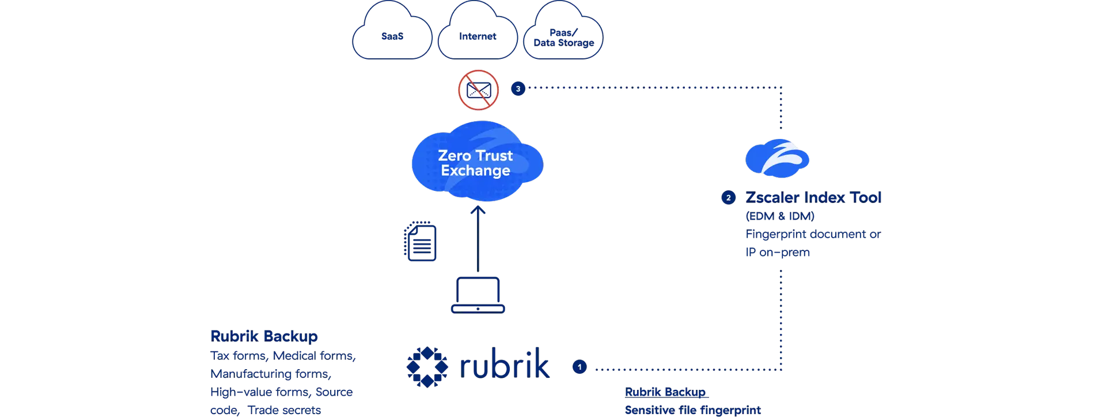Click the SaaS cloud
[392, 35]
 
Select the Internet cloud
[477, 35]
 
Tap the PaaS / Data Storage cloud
[563, 36]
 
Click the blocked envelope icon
[478, 90]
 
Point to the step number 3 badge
[518, 89]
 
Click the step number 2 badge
[728, 198]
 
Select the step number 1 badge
[579, 367]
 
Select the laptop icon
[478, 295]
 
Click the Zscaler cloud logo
[778, 157]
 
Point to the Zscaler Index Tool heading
[813, 198]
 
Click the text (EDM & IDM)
[780, 216]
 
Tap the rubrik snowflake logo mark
[427, 366]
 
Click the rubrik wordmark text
[505, 365]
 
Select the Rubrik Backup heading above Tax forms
[264, 336]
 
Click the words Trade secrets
[284, 410]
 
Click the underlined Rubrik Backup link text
[665, 392]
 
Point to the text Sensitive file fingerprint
[692, 410]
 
